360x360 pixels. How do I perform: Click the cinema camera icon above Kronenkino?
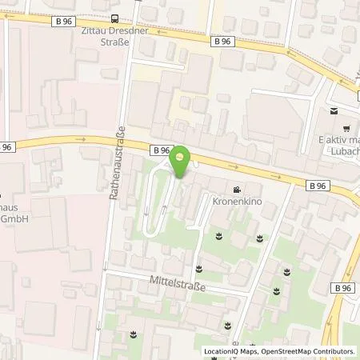(237, 190)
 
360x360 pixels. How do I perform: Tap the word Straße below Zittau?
(114, 45)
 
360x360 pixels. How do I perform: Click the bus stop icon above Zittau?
(114, 19)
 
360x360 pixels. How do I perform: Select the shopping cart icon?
(346, 128)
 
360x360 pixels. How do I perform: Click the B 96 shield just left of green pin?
(160, 149)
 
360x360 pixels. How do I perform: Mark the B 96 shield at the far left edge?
(6, 146)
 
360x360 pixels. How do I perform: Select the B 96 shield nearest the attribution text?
(343, 288)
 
